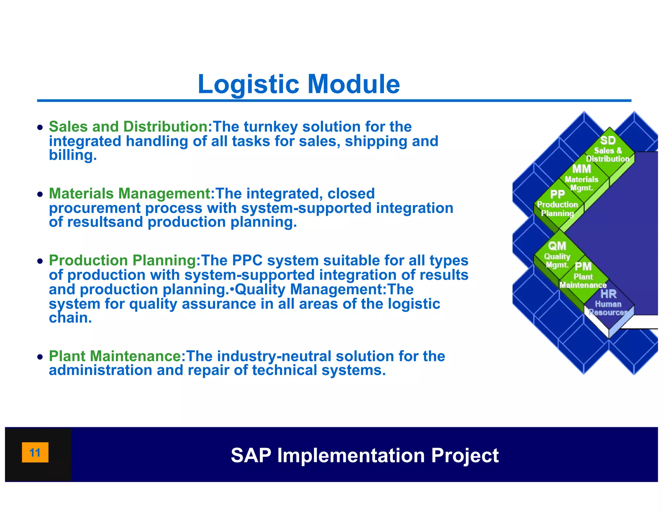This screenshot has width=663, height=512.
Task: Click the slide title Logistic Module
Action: tap(298, 84)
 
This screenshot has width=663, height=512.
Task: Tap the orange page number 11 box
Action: tap(35, 452)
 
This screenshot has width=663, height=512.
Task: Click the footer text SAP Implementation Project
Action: tap(365, 455)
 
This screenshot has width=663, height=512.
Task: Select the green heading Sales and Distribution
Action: tap(129, 127)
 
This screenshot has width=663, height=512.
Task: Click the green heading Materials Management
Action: tap(130, 194)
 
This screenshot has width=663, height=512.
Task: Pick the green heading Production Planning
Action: tap(123, 261)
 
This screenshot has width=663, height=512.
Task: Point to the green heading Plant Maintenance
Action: tap(115, 356)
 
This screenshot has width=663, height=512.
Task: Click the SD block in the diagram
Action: tap(608, 149)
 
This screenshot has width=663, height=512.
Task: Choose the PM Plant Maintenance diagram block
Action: tap(583, 276)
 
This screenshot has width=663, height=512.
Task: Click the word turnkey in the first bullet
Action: tap(270, 127)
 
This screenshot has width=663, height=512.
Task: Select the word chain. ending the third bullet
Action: tap(70, 318)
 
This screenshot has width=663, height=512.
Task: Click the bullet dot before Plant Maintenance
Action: tap(40, 357)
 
